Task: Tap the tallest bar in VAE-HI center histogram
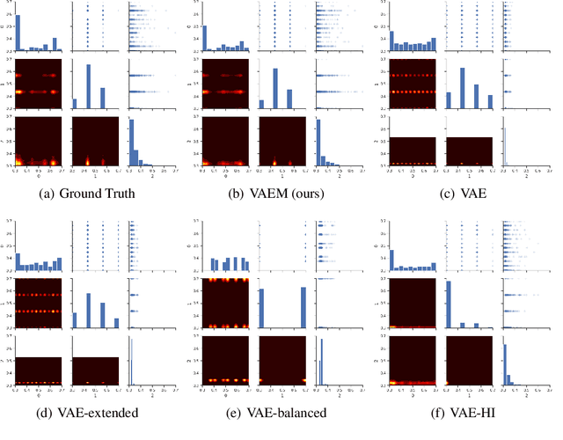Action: click(x=450, y=304)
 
